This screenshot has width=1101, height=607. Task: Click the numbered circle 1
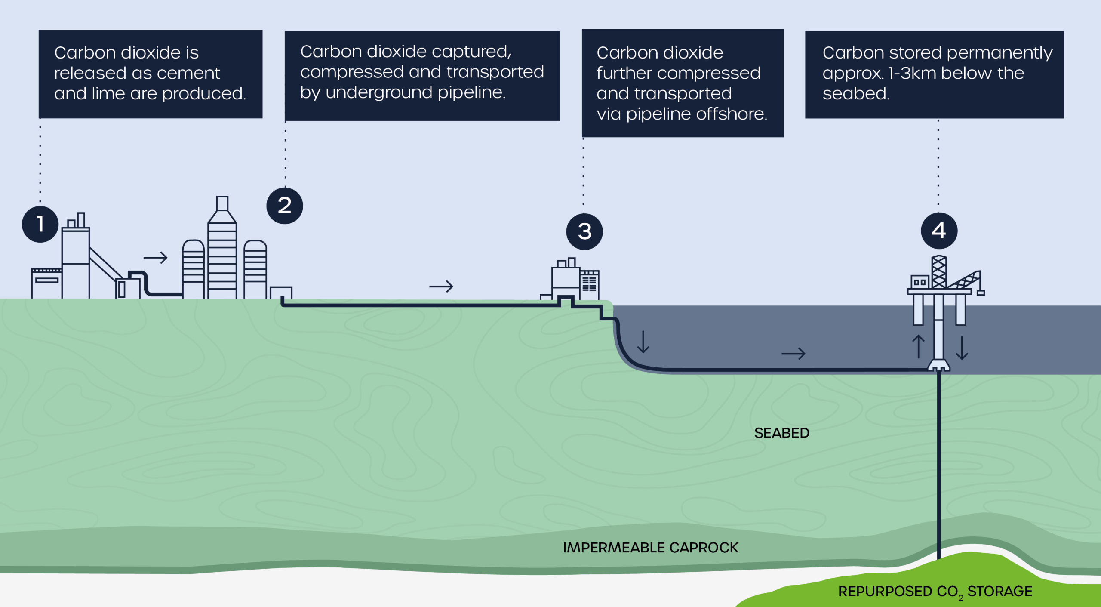pos(40,224)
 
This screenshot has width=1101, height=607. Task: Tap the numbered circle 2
pos(285,206)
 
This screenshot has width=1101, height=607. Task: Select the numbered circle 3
pos(584,231)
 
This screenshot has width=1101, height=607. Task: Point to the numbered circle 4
pos(939,231)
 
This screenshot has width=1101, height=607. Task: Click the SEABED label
pos(781,433)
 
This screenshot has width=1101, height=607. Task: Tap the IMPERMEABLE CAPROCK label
pos(650,548)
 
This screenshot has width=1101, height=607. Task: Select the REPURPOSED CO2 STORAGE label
pos(935,592)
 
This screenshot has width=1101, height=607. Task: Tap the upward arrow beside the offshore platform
pos(918,346)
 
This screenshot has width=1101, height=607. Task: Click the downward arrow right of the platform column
pos(962,348)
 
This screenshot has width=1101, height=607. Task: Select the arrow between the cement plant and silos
pos(155,258)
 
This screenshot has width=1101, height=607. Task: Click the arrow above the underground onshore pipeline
pos(441,286)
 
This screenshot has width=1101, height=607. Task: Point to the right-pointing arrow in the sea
pos(793,354)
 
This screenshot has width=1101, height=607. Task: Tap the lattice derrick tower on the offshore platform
pos(939,272)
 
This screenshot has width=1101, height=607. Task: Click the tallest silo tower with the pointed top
pos(222,250)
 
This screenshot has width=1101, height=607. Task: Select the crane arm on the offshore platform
pos(965,280)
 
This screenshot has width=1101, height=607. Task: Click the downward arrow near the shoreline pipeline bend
pos(643,342)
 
